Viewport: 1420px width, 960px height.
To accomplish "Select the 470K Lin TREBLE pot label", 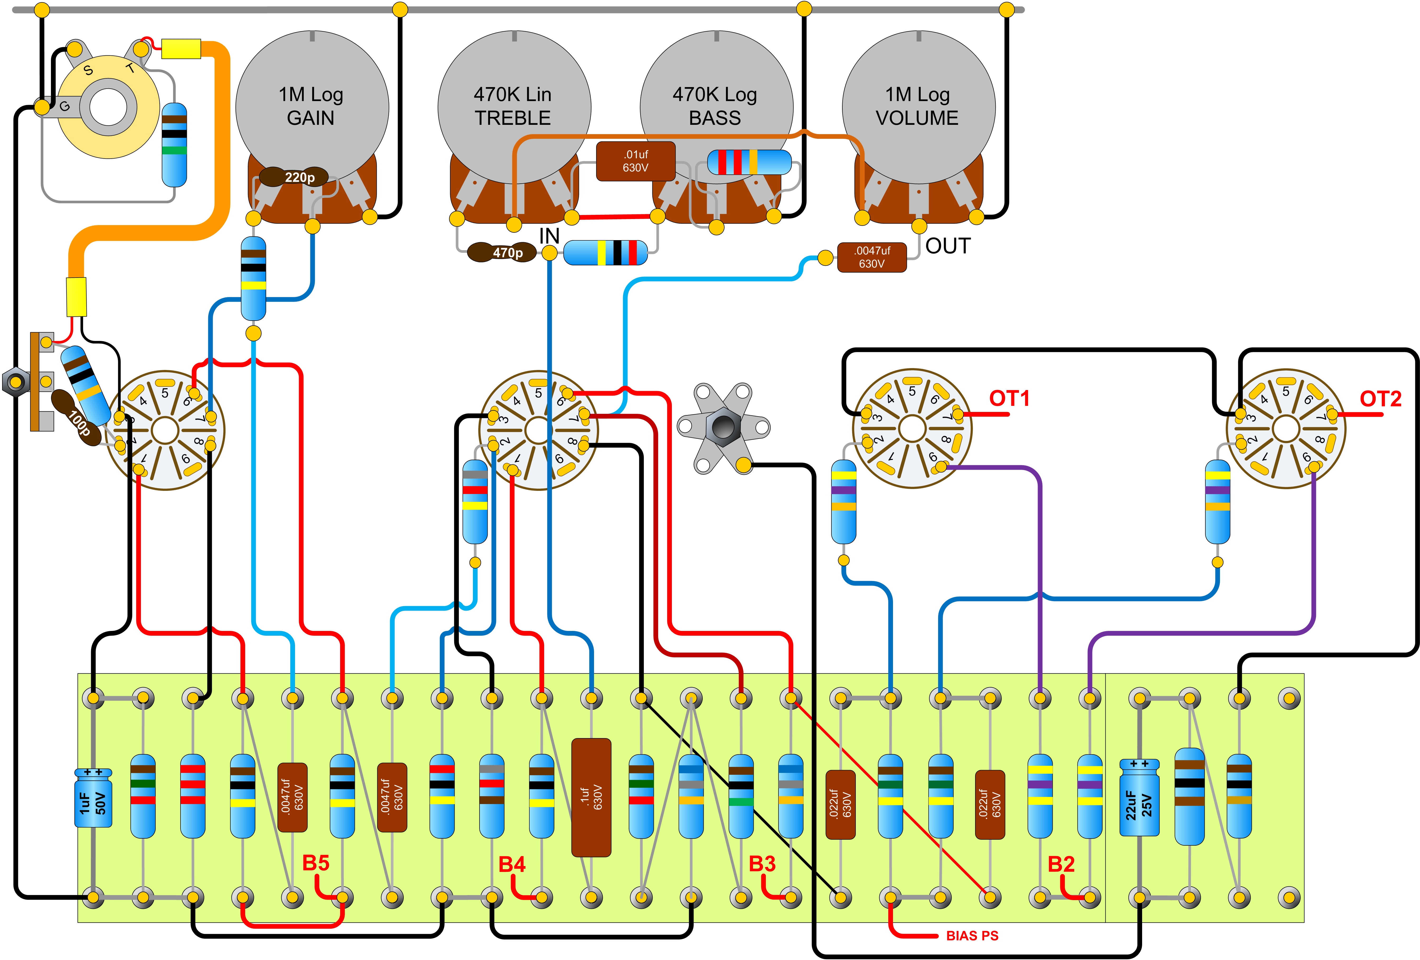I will (513, 106).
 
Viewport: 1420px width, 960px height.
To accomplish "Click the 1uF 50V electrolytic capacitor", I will (93, 799).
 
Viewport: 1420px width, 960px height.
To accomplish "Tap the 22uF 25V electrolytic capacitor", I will (1139, 798).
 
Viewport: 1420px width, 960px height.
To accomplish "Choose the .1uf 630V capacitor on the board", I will (591, 797).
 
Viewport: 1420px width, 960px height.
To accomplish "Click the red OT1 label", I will (1009, 398).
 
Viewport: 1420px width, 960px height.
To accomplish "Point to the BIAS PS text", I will (972, 935).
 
